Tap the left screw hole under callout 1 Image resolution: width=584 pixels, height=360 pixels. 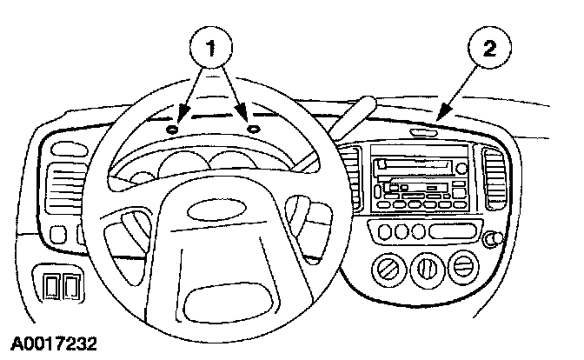pyautogui.click(x=172, y=129)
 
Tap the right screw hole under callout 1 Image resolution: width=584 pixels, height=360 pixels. pyautogui.click(x=254, y=128)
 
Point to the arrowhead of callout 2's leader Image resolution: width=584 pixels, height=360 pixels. pyautogui.click(x=439, y=115)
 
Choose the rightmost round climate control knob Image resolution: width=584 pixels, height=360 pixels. pyautogui.click(x=464, y=265)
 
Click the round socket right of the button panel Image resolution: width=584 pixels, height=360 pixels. pyautogui.click(x=498, y=240)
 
